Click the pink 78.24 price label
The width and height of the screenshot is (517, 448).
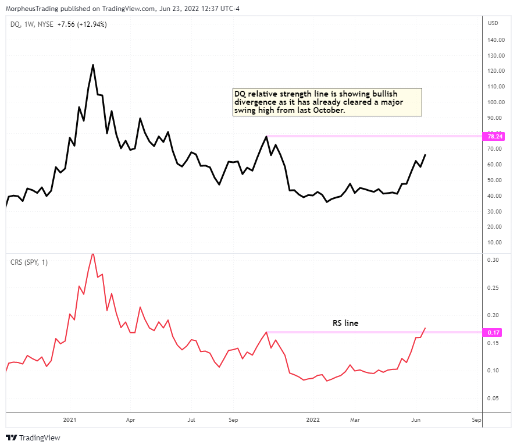pos(495,136)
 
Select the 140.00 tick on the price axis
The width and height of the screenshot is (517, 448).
pos(495,40)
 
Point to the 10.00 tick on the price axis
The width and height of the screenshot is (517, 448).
pos(494,243)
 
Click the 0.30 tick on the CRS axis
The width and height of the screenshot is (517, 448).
pos(494,260)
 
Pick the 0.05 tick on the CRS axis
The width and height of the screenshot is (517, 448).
pos(494,399)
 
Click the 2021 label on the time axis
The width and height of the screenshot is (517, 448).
pos(70,419)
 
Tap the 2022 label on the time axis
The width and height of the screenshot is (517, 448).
pos(312,419)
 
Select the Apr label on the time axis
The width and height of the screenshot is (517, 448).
pos(130,419)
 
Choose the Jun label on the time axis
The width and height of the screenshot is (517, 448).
pos(416,419)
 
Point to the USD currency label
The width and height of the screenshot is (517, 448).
pos(493,23)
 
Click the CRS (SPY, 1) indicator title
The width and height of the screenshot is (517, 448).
pos(29,262)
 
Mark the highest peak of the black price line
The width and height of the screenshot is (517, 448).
pos(93,65)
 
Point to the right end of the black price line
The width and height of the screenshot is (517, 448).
pos(425,155)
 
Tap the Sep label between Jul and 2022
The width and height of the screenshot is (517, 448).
pos(233,419)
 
